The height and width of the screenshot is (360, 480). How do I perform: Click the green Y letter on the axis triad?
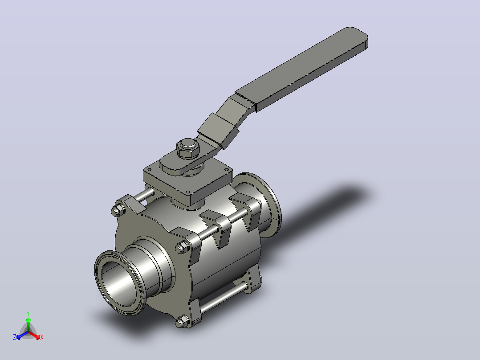(28, 313)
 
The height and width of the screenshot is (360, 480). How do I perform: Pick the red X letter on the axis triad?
(42, 337)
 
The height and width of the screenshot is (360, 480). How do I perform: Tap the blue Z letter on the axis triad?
(14, 337)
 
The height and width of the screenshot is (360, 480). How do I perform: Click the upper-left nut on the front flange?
(118, 210)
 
